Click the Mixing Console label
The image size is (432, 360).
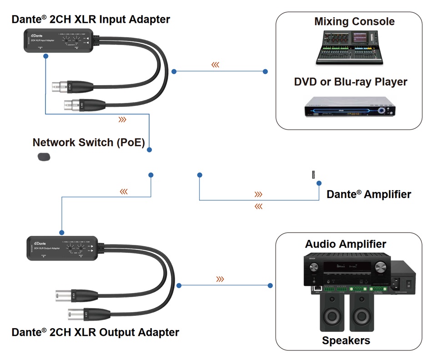pyautogui.click(x=354, y=21)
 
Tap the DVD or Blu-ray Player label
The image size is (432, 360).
pyautogui.click(x=350, y=82)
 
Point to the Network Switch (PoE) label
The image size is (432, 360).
pyautogui.click(x=89, y=142)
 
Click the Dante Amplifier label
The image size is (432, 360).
pyautogui.click(x=369, y=194)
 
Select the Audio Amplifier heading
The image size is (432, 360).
pyautogui.click(x=346, y=244)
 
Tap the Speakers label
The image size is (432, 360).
pyautogui.click(x=346, y=340)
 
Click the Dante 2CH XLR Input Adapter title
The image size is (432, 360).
pyautogui.click(x=91, y=19)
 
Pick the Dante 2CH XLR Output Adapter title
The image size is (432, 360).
pyautogui.click(x=95, y=332)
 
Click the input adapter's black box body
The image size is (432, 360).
pyautogui.click(x=59, y=41)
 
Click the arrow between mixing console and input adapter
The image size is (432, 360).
pyautogui.click(x=215, y=65)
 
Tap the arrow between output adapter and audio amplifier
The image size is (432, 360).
pyautogui.click(x=220, y=279)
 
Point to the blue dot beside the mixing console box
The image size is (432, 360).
pyautogui.click(x=266, y=71)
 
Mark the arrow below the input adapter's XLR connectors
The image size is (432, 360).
pyautogui.click(x=122, y=120)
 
